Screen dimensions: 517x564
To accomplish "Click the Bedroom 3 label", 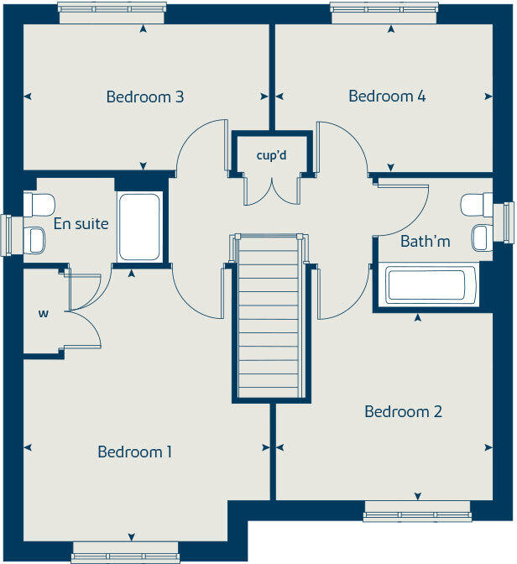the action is tap(145, 97).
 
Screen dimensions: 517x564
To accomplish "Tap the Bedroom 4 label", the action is tap(387, 96).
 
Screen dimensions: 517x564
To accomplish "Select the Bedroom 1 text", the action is tap(134, 452).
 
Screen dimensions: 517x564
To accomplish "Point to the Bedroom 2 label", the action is tap(404, 411).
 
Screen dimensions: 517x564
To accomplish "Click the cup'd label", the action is tap(272, 155).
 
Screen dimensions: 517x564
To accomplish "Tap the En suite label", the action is tap(81, 224).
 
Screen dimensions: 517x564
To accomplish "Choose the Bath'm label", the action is tap(426, 241).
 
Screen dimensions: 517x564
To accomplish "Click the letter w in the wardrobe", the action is tap(44, 314).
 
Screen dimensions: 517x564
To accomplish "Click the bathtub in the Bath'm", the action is tap(426, 285).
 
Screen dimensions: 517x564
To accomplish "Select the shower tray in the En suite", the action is tap(139, 227).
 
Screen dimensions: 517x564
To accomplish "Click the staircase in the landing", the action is tap(269, 316).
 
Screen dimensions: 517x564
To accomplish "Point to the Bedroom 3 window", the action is tap(112, 13).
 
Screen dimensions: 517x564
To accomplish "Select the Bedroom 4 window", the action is tap(384, 13).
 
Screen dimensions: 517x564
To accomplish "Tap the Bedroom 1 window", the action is tap(125, 552).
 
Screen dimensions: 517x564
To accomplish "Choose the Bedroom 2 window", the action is tap(417, 511).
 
